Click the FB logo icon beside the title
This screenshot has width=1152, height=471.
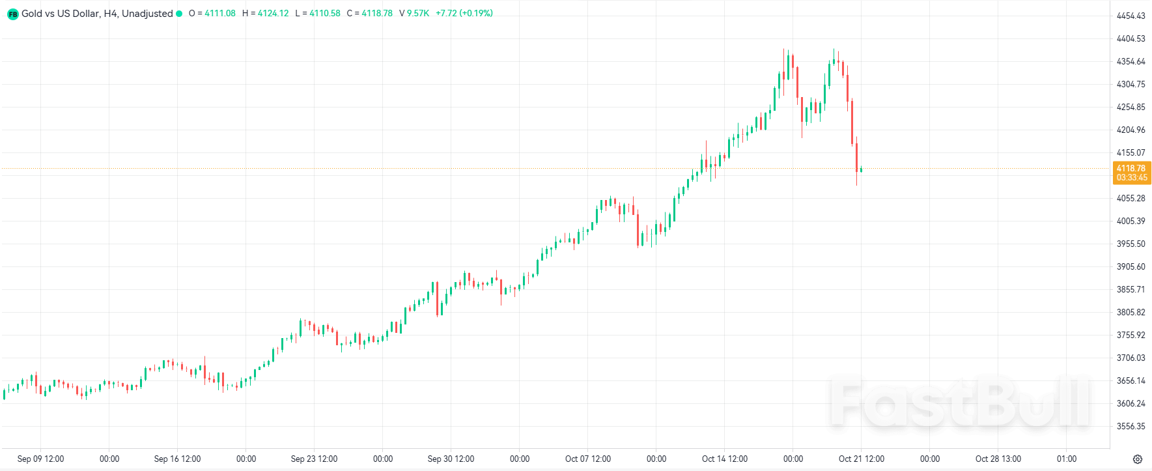pyautogui.click(x=12, y=14)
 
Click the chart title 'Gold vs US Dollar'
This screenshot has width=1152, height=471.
pyautogui.click(x=60, y=13)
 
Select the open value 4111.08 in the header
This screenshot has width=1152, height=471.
pyautogui.click(x=219, y=13)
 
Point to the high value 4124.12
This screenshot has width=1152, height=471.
pyautogui.click(x=273, y=13)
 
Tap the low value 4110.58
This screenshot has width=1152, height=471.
pyautogui.click(x=324, y=13)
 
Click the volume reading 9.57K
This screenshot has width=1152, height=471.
pyautogui.click(x=418, y=13)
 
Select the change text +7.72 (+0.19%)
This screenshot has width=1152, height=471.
pyautogui.click(x=464, y=13)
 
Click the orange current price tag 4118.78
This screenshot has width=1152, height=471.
pyautogui.click(x=1131, y=168)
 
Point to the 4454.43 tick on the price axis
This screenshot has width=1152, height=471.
pyautogui.click(x=1131, y=16)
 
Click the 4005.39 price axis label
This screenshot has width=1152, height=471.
pyautogui.click(x=1131, y=221)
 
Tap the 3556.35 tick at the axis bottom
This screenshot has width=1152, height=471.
pyautogui.click(x=1131, y=426)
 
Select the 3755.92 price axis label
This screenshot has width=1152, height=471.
pyautogui.click(x=1131, y=335)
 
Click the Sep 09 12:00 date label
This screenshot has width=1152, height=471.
pyautogui.click(x=40, y=459)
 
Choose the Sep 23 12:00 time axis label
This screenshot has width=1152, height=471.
pyautogui.click(x=314, y=459)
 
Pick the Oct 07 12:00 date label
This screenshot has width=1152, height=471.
pyautogui.click(x=587, y=459)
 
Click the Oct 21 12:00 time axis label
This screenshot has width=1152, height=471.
pyautogui.click(x=861, y=459)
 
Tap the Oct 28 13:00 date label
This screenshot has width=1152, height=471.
pyautogui.click(x=998, y=459)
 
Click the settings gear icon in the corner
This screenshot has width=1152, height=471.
pyautogui.click(x=1137, y=459)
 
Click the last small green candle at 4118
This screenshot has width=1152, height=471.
pyautogui.click(x=861, y=169)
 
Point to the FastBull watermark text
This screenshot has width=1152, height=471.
pyautogui.click(x=961, y=403)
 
